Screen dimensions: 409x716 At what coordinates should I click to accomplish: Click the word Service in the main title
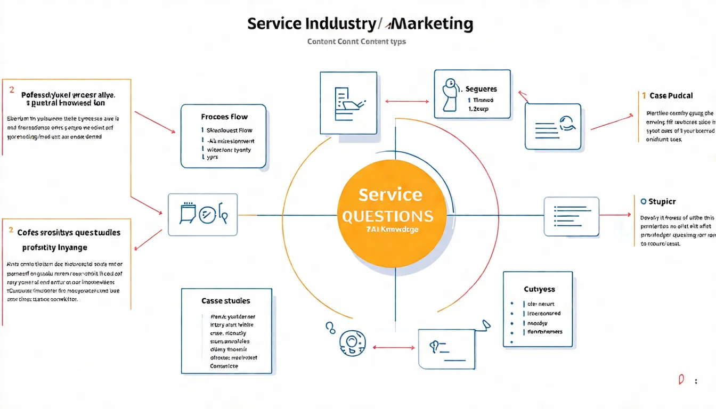click(274, 24)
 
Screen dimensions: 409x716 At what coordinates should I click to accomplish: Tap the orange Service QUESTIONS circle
click(393, 213)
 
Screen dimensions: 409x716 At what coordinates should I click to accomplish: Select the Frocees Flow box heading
click(224, 117)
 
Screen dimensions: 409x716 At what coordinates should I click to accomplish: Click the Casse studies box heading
click(226, 301)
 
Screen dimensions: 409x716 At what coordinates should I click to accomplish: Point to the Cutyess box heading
click(539, 289)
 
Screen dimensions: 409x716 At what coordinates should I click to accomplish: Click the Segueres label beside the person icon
click(481, 89)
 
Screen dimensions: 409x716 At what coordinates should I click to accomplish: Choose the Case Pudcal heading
click(671, 96)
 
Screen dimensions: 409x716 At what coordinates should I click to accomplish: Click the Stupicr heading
click(662, 202)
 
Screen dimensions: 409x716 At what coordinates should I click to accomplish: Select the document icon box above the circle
click(344, 103)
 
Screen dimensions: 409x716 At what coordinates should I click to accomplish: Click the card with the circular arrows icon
click(552, 126)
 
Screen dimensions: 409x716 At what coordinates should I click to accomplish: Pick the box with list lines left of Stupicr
click(571, 216)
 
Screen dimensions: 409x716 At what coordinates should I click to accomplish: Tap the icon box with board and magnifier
click(203, 215)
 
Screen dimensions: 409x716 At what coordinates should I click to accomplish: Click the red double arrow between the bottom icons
click(394, 347)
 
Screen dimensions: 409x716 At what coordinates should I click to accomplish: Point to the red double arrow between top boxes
click(407, 101)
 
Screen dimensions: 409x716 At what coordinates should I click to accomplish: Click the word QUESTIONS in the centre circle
click(387, 216)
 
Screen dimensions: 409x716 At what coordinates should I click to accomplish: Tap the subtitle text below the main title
click(356, 41)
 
